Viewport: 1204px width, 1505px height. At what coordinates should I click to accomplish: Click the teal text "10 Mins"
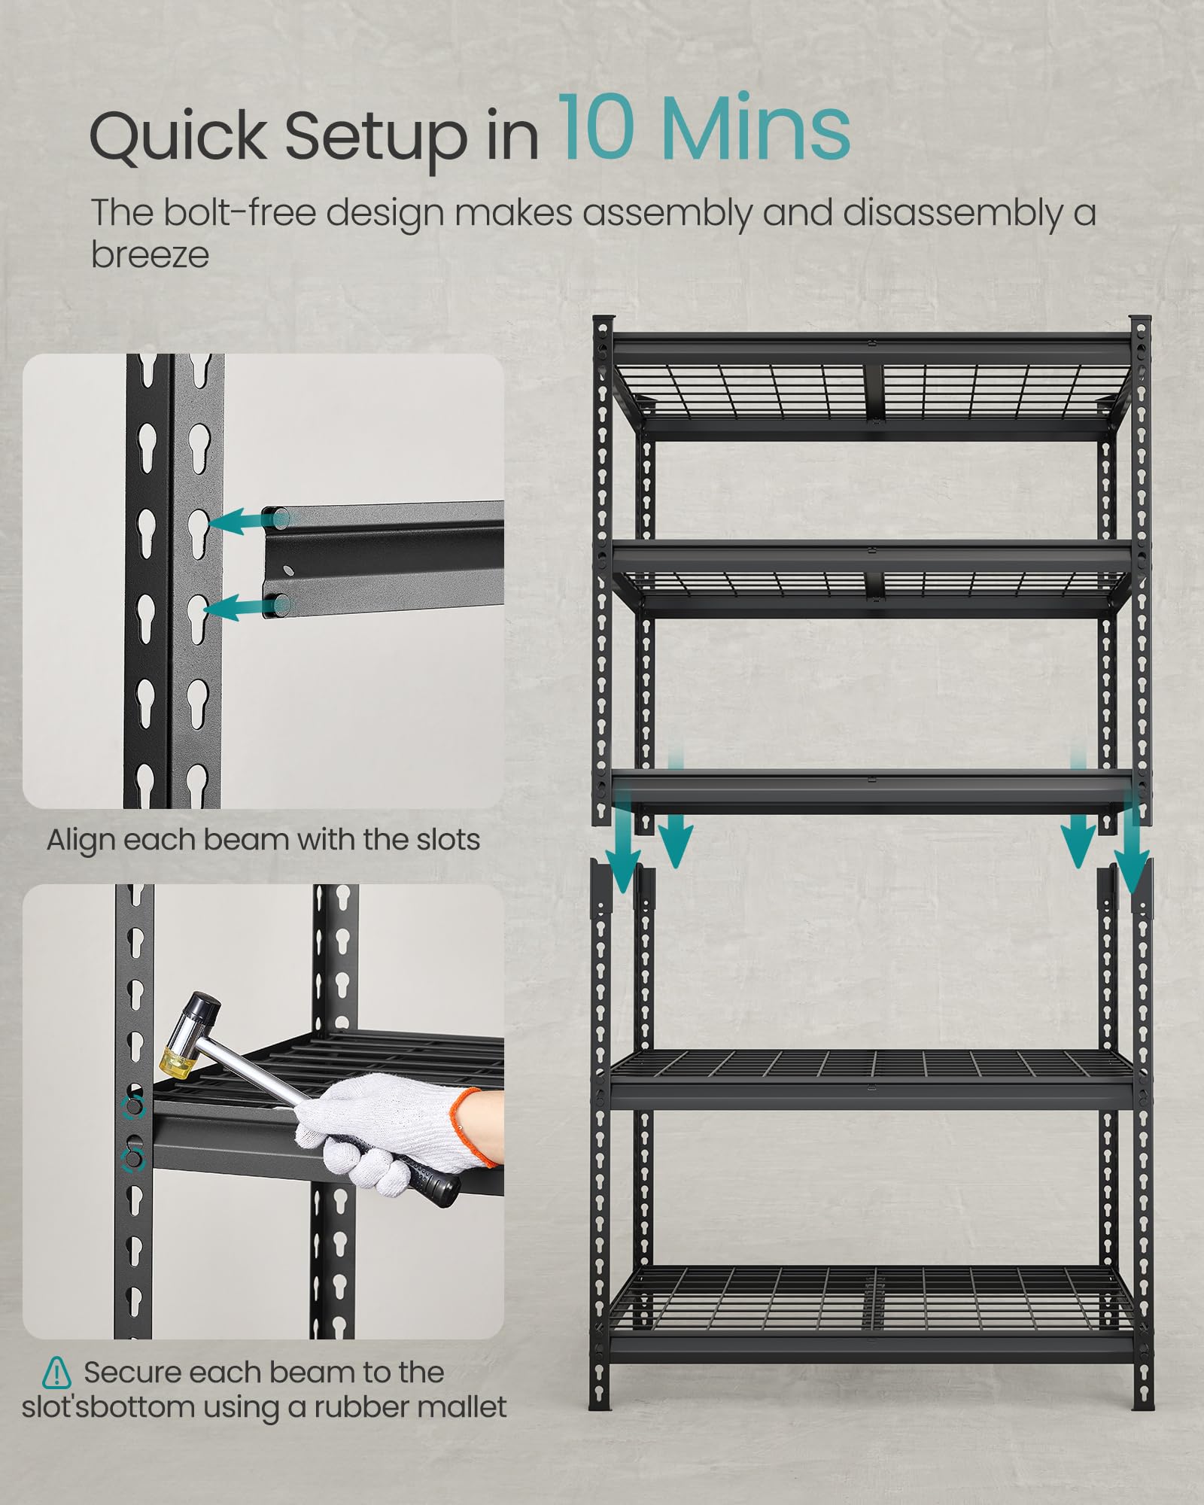point(704,129)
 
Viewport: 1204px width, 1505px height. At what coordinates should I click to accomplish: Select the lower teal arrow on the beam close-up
point(236,607)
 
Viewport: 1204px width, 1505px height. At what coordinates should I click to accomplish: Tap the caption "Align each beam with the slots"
point(263,840)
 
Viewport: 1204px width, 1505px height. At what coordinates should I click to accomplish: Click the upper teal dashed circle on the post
point(133,1107)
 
